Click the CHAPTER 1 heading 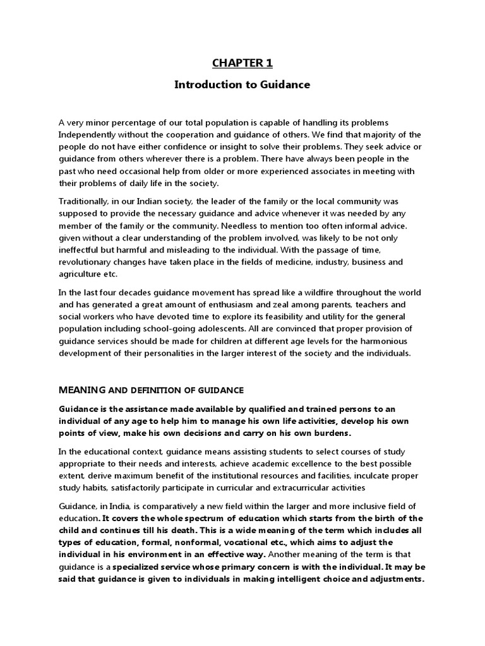coord(242,62)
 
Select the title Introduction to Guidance coord(242,85)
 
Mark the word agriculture coord(81,274)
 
